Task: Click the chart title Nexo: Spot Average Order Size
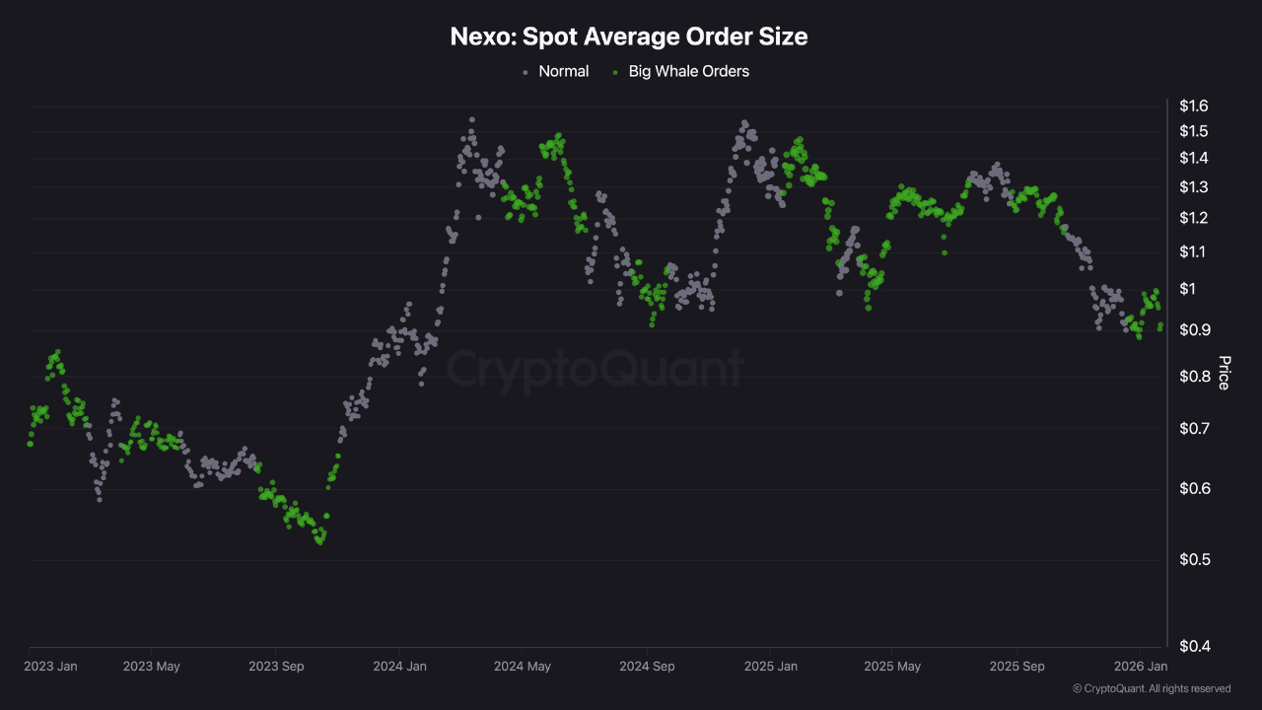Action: point(629,36)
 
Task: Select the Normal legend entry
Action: point(563,71)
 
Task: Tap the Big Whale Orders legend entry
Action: point(688,71)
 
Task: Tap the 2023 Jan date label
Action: point(50,667)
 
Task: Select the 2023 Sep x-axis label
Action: point(276,667)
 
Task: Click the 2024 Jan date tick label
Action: point(399,667)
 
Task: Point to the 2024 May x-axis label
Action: point(523,667)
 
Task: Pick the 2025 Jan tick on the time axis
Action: point(770,667)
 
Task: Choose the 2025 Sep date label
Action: point(1017,667)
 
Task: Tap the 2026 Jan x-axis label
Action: point(1140,667)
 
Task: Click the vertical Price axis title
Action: point(1224,373)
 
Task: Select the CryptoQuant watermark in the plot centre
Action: point(595,369)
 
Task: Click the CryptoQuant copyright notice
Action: point(1151,688)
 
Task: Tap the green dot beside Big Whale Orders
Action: point(615,72)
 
